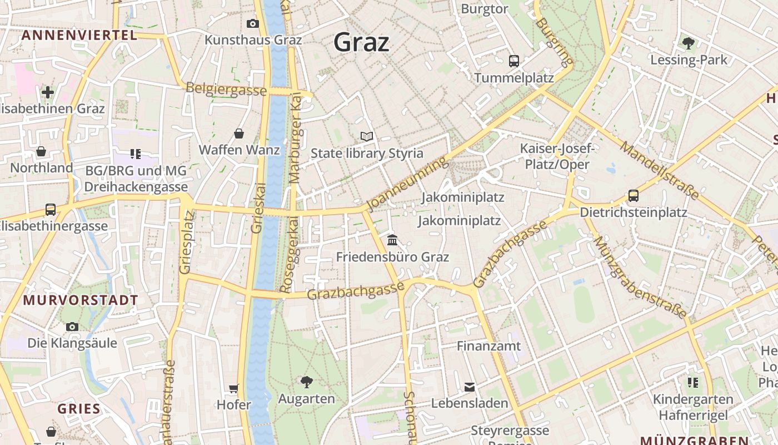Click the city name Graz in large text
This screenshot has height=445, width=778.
(361, 42)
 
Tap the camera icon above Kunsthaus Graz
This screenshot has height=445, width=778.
(253, 23)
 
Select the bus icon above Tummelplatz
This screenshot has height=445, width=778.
(513, 61)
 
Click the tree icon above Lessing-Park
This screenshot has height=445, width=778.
(688, 43)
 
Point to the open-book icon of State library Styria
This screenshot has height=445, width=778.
(366, 136)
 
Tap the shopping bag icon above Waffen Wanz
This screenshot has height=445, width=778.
(239, 133)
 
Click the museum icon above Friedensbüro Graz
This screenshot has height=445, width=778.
(392, 240)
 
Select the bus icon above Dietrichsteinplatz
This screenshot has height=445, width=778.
(633, 196)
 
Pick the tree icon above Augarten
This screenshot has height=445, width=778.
(306, 382)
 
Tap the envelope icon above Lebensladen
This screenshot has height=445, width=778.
(470, 387)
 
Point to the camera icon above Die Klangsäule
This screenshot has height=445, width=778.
(72, 327)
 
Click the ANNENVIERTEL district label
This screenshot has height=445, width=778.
(79, 35)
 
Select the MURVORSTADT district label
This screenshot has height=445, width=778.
(81, 300)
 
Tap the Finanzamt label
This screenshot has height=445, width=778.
(489, 346)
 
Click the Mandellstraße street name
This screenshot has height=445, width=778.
(660, 170)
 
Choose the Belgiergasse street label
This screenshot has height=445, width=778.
(226, 89)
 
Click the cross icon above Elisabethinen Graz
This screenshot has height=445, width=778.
(48, 92)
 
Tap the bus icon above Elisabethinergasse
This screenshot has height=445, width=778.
(51, 210)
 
